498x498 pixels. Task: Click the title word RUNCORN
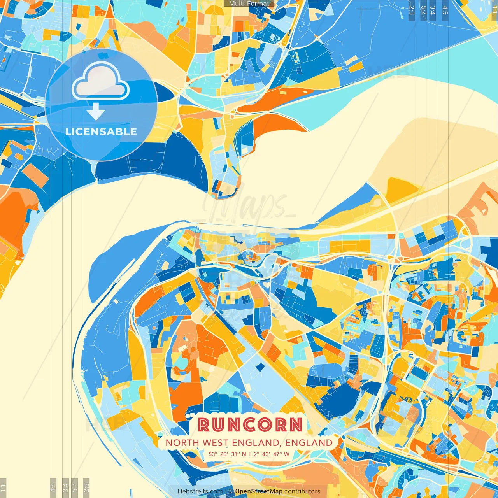250,424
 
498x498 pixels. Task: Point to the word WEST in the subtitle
216,443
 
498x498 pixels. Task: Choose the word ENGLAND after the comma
309,443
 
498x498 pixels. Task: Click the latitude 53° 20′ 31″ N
227,454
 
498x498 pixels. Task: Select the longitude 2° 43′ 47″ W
272,454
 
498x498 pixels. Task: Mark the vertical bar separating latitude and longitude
249,454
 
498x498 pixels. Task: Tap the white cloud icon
100,82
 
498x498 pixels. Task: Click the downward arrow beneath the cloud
96,112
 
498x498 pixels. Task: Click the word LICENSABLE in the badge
101,132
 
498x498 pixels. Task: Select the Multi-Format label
249,4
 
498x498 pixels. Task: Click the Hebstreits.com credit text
200,491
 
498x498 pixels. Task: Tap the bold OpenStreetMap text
258,491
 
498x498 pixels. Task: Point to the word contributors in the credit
302,491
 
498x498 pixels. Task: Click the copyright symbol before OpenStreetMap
230,491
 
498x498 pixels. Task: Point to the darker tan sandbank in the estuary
436,156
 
